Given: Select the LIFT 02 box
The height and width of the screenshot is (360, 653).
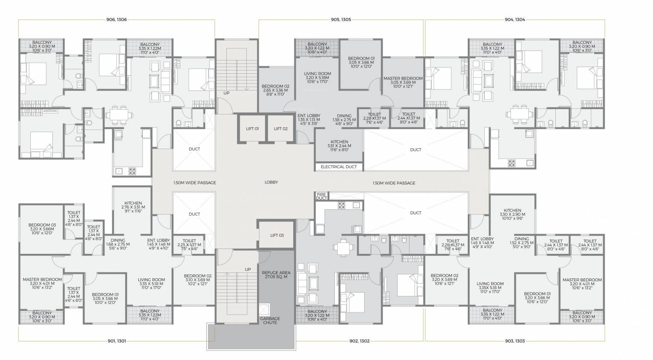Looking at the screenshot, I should pyautogui.click(x=281, y=129).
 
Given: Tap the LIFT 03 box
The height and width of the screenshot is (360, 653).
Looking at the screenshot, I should pyautogui.click(x=277, y=235).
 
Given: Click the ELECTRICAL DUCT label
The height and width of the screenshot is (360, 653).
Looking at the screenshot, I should pyautogui.click(x=339, y=167).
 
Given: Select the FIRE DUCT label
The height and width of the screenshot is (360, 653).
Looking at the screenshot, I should pyautogui.click(x=321, y=196).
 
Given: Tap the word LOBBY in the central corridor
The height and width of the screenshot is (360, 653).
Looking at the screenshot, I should pyautogui.click(x=271, y=182).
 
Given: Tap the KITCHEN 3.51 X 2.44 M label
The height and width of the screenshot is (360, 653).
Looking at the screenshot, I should pyautogui.click(x=339, y=146).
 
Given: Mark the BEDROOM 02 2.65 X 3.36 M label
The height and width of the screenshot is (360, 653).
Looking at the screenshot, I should pyautogui.click(x=275, y=90).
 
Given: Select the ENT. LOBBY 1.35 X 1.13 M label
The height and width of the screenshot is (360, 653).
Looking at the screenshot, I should pyautogui.click(x=309, y=119).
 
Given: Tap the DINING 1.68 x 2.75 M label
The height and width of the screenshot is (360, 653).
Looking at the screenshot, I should pyautogui.click(x=118, y=244).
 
